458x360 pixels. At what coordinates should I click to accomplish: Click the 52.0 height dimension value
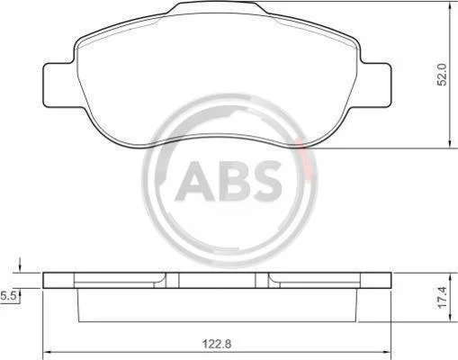tap(442, 75)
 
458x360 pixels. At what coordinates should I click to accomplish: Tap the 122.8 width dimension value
tap(217, 344)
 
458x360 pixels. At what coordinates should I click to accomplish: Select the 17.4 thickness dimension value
tap(442, 297)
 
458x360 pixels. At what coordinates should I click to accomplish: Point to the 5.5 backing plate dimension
tap(8, 296)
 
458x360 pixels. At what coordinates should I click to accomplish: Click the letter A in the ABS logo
tap(195, 181)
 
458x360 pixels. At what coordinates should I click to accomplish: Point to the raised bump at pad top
tap(218, 6)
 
